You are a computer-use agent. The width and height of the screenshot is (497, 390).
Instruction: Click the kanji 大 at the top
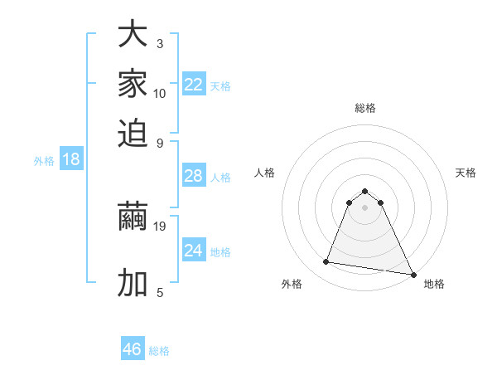(x=133, y=36)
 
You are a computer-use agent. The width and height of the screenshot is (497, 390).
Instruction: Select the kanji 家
(x=133, y=84)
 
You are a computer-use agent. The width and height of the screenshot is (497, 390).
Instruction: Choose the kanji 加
(x=133, y=283)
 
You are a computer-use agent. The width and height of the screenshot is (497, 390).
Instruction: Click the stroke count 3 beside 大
(x=160, y=43)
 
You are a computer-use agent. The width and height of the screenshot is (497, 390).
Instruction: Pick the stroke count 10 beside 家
(x=160, y=93)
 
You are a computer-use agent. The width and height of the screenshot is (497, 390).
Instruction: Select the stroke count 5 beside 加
(x=160, y=292)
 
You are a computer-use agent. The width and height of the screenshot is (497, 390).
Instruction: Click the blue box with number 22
(x=194, y=85)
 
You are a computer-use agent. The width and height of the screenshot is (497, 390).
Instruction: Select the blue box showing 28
(x=194, y=176)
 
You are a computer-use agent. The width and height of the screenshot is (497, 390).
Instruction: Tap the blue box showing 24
(x=194, y=251)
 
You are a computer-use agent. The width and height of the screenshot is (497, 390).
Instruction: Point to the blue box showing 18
(x=71, y=160)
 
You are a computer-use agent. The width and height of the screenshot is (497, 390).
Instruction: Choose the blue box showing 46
(x=133, y=349)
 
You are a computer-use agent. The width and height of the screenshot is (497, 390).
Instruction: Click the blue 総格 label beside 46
(x=159, y=351)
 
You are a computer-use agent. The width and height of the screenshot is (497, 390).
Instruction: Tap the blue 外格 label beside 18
(x=44, y=162)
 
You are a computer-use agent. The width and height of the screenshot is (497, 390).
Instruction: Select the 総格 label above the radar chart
(x=364, y=108)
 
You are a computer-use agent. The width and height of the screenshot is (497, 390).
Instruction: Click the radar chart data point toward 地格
(x=413, y=275)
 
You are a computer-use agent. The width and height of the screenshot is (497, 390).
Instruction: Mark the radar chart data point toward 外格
(x=326, y=262)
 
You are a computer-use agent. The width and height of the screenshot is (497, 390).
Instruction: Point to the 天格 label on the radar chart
(x=466, y=173)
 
